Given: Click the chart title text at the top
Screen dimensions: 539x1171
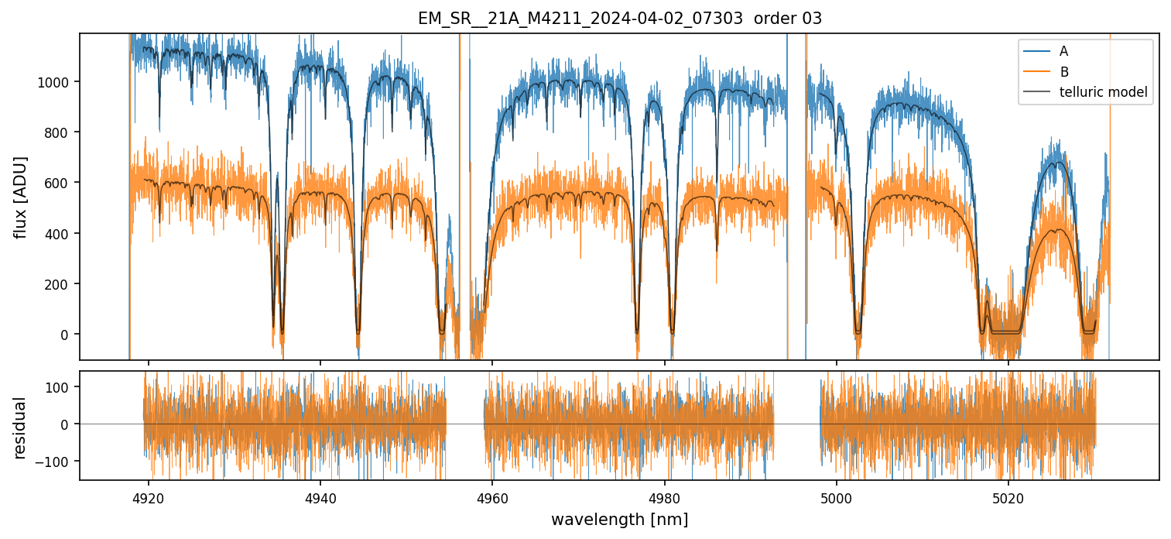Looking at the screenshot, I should coord(619,19).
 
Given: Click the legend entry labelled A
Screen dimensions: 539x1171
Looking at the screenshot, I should coord(1063,51).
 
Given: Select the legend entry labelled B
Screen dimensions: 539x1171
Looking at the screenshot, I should coord(1063,72).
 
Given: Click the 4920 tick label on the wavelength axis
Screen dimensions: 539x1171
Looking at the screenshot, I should coord(149,496).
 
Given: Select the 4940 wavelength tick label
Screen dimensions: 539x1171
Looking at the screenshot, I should coord(320,496).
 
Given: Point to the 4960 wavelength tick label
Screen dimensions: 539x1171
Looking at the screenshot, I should coord(492,496).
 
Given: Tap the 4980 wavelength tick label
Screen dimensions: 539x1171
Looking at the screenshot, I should coord(664,496).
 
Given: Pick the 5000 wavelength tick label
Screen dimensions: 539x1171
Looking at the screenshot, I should coord(837,496).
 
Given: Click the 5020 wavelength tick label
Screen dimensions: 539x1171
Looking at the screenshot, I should coord(1008,496).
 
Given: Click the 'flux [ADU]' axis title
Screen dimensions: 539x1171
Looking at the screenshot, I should coord(21,197).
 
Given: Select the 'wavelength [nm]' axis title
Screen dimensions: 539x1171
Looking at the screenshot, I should coord(619,519).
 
